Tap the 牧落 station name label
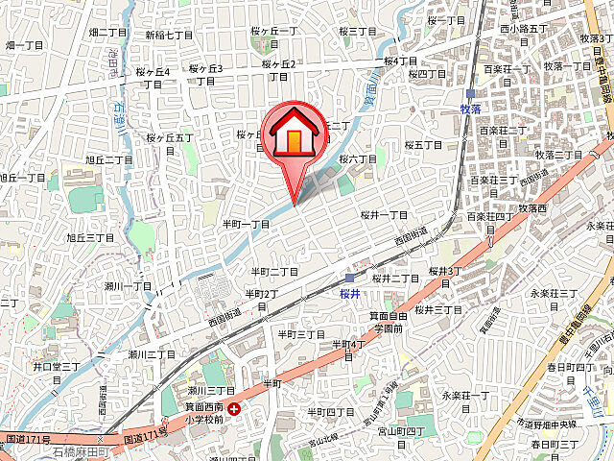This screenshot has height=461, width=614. (x=470, y=109)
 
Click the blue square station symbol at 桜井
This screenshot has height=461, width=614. (x=349, y=278)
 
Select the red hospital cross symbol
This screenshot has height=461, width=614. (x=233, y=408)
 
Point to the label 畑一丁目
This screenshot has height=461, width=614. (x=25, y=45)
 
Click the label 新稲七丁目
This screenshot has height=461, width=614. (x=169, y=35)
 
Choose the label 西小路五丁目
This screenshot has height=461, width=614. (x=523, y=29)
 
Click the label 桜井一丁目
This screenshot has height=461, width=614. (x=384, y=215)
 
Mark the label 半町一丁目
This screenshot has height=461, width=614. (x=247, y=224)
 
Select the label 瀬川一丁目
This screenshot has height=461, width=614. (x=128, y=286)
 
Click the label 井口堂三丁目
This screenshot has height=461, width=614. (x=56, y=366)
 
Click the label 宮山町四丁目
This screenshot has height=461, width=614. (x=400, y=431)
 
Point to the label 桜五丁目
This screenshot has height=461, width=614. (x=423, y=145)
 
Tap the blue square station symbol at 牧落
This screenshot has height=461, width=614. (x=470, y=94)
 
